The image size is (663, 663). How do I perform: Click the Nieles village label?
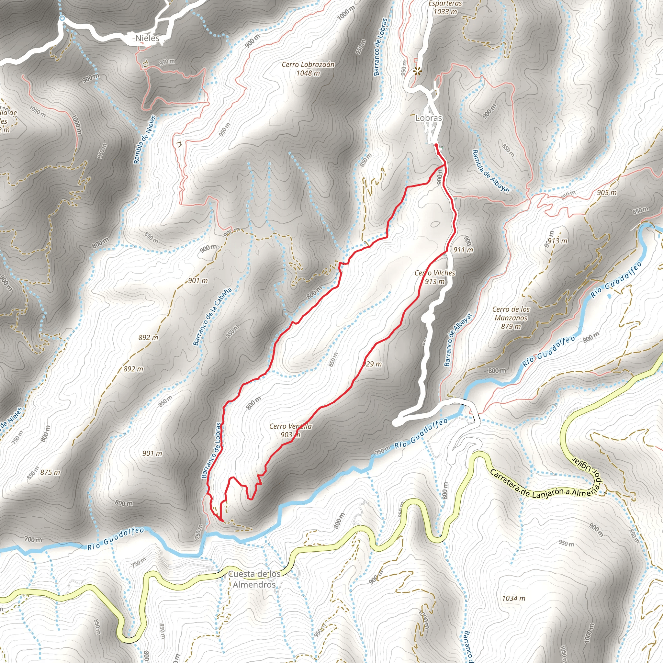(x=148, y=38)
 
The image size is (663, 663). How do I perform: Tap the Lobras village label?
(x=429, y=118)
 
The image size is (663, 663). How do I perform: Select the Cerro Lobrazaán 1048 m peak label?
(x=308, y=69)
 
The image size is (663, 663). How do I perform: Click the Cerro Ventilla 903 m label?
(x=290, y=430)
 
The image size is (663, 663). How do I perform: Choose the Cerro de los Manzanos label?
(x=511, y=318)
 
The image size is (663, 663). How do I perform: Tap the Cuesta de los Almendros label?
(x=254, y=579)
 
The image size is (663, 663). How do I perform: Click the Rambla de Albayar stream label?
(x=491, y=171)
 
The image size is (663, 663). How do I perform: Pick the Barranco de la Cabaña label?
(x=212, y=316)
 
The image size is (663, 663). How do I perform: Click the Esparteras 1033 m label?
(x=445, y=7)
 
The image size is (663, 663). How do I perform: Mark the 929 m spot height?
(x=372, y=364)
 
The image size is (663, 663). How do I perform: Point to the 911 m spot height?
(x=463, y=250)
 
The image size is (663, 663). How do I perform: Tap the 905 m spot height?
(x=606, y=193)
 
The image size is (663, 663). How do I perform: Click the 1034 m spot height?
(x=513, y=599)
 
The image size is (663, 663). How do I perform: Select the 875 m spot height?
(x=50, y=473)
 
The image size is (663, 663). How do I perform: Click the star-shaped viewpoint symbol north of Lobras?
(x=417, y=71)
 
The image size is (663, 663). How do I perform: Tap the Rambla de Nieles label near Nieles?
(x=144, y=140)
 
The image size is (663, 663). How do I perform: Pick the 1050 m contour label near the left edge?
(x=37, y=112)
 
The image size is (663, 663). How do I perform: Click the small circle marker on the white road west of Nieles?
(x=62, y=18)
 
